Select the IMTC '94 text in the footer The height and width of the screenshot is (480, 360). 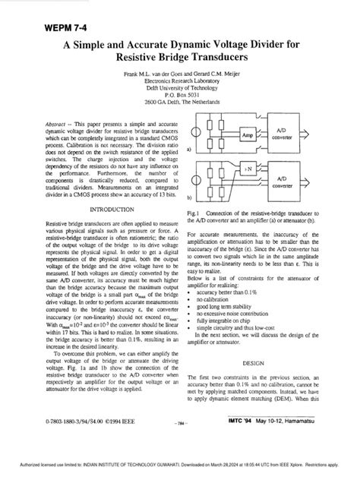tap(254, 440)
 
